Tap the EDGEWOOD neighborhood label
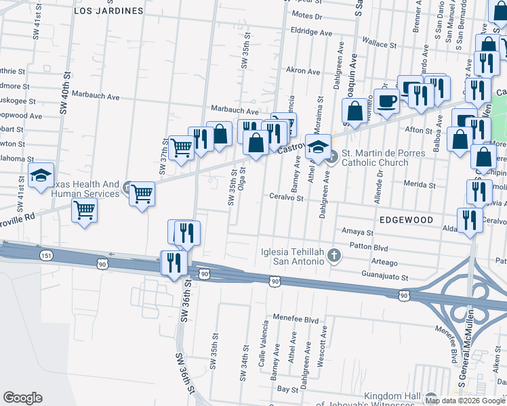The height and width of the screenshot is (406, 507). pyautogui.click(x=405, y=220)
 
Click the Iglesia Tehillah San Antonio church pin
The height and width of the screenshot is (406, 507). pyautogui.click(x=333, y=254)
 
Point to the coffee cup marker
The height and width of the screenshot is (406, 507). pyautogui.click(x=387, y=103)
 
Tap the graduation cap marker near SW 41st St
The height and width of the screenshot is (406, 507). pyautogui.click(x=41, y=177)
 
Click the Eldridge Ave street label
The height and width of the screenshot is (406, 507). pyautogui.click(x=311, y=32)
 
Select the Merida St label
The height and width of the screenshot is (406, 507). pyautogui.click(x=419, y=184)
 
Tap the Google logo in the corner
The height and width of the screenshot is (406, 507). pyautogui.click(x=22, y=397)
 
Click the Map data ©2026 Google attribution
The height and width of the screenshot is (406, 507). pyautogui.click(x=465, y=401)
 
